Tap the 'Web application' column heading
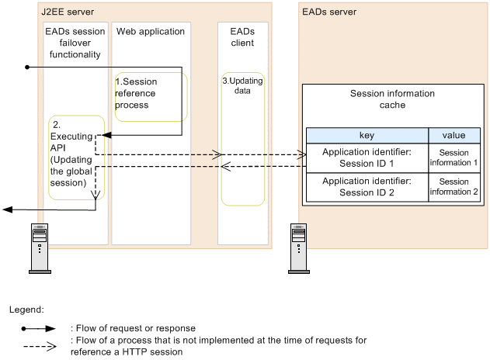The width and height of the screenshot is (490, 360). (151, 32)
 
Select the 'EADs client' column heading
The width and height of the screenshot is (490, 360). (242, 37)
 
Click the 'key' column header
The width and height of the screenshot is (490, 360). (367, 135)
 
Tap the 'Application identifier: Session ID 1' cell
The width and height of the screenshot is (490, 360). (367, 158)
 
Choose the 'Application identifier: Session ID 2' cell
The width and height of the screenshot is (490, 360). (367, 188)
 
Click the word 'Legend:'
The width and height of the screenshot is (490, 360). (26, 309)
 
